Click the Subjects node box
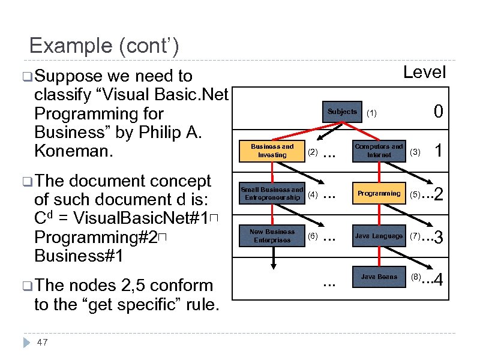(x=342, y=112)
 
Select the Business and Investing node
(x=272, y=151)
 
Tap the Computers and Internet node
(x=379, y=151)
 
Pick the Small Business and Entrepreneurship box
(x=272, y=194)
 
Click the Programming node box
(x=379, y=194)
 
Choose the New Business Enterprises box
(x=272, y=236)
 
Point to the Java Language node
(x=379, y=236)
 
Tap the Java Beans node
(x=379, y=277)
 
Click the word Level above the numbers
(x=424, y=73)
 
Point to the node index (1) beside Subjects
(x=372, y=112)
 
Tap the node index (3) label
(x=415, y=152)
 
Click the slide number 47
(x=42, y=342)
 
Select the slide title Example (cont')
(x=103, y=46)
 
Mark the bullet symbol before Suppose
(x=23, y=76)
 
